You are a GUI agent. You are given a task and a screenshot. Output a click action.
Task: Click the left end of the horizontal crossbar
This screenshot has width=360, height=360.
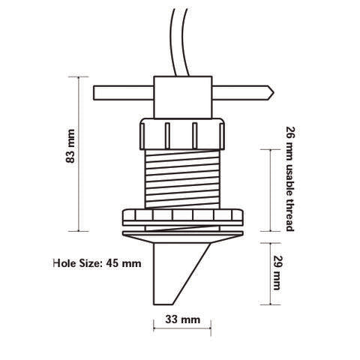[96, 95]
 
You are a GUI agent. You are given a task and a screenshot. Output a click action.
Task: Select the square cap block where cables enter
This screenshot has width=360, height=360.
[181, 94]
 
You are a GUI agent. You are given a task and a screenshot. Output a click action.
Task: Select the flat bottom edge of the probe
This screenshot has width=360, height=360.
[167, 304]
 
